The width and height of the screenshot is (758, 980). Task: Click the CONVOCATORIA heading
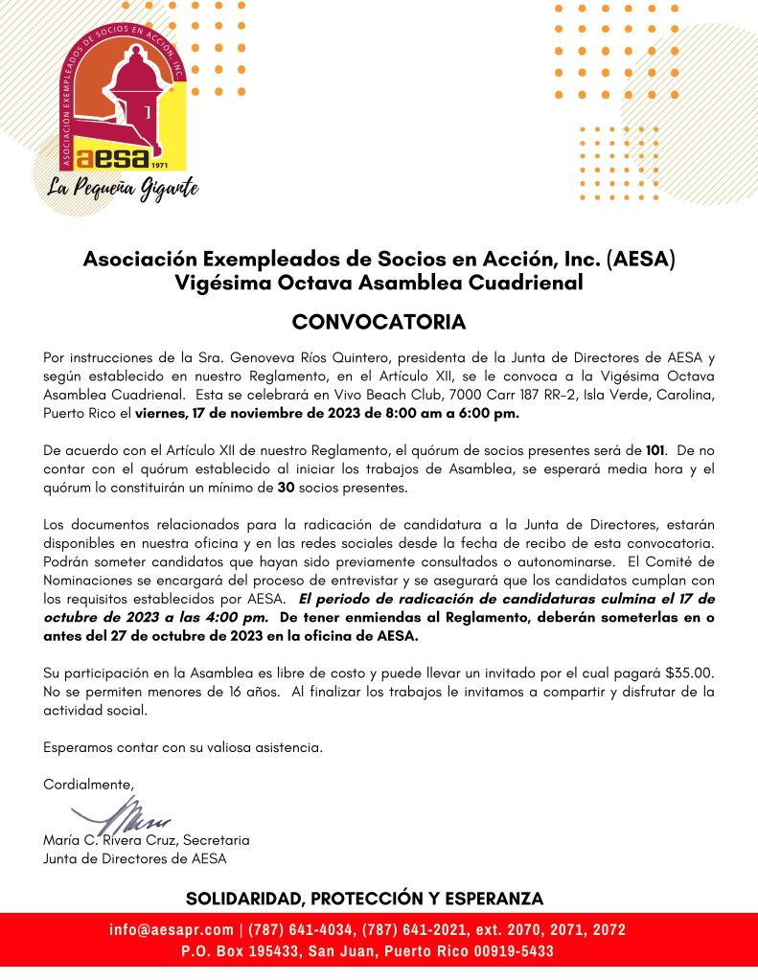pos(379,321)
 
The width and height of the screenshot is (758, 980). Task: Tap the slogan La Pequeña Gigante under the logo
pos(124,186)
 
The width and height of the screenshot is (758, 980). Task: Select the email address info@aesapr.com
pos(172,930)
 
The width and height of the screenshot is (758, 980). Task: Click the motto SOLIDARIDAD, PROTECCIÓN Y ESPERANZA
pos(364,899)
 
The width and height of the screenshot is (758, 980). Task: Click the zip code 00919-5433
pos(517,952)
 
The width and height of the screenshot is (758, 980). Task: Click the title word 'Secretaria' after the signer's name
pos(216,840)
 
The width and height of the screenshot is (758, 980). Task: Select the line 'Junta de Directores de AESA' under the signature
pos(135,858)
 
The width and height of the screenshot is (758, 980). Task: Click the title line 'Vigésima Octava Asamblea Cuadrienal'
pos(379,283)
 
